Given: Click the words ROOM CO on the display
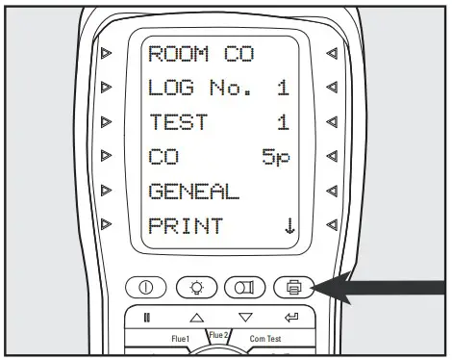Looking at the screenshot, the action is [x=200, y=54].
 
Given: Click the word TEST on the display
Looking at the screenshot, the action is [x=180, y=123].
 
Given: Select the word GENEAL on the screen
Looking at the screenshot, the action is [x=194, y=192].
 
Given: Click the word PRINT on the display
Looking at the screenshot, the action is [x=186, y=226].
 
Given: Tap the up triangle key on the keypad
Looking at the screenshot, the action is [x=196, y=317].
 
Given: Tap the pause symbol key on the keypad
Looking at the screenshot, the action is [x=148, y=317].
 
